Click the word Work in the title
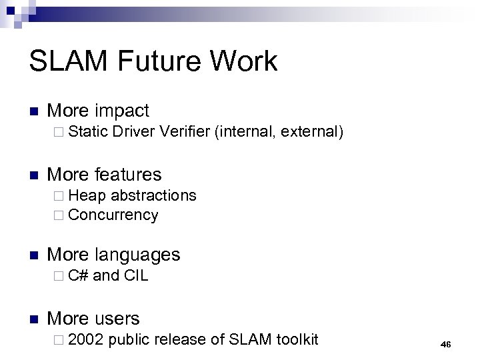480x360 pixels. [x=244, y=61]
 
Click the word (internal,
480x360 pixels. [x=245, y=132]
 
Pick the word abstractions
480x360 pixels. [x=153, y=195]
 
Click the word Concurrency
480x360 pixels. [x=113, y=215]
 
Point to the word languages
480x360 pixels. [x=137, y=254]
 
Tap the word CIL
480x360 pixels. [x=136, y=275]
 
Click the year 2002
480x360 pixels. [x=86, y=339]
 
